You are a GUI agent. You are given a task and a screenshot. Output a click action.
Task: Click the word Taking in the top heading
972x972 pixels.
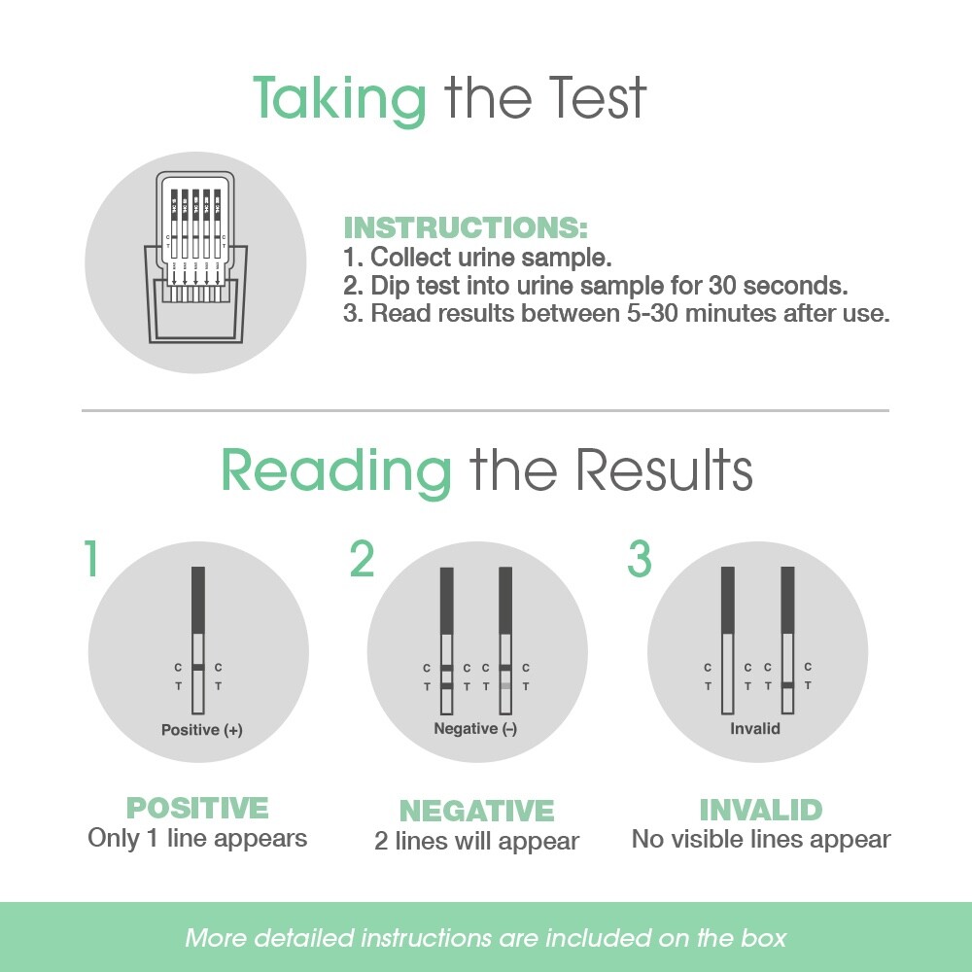click(339, 97)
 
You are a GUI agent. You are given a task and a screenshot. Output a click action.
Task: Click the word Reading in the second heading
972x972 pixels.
click(336, 470)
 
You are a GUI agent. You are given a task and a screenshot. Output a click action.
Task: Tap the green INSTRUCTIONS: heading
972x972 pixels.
click(466, 228)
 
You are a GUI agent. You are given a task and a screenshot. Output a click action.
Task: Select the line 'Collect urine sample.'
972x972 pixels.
click(491, 259)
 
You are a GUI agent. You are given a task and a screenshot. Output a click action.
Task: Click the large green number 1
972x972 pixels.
click(90, 559)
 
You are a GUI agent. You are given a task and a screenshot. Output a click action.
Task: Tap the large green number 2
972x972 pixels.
click(362, 559)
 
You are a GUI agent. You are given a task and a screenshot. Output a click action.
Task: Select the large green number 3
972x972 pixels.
click(639, 559)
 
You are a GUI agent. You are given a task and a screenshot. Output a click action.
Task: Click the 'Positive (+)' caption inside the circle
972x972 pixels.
click(201, 730)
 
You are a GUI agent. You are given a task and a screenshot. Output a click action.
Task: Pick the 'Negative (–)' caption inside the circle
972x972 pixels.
click(475, 729)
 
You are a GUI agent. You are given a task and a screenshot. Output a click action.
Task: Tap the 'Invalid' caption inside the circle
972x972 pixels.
click(755, 729)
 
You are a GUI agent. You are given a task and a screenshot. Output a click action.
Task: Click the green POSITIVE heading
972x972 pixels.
click(197, 809)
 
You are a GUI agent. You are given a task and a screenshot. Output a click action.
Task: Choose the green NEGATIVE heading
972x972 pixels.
click(476, 811)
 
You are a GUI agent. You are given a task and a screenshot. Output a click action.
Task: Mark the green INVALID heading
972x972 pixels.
click(761, 810)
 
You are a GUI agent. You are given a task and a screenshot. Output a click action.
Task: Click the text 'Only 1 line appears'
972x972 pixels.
click(197, 838)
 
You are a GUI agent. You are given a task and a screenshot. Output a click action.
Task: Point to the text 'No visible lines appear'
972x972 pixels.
click(761, 839)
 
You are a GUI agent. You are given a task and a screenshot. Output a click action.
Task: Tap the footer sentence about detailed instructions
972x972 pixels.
click(485, 938)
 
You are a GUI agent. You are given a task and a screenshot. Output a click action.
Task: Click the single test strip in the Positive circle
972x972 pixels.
click(198, 642)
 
